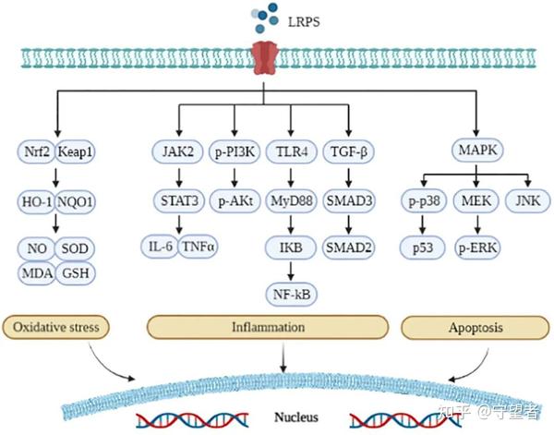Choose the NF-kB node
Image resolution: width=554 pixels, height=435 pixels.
point(292,293)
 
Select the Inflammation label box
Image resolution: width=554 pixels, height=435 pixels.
point(268,326)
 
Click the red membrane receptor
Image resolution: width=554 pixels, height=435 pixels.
point(266,58)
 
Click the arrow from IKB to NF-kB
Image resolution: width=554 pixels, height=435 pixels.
point(292,269)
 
